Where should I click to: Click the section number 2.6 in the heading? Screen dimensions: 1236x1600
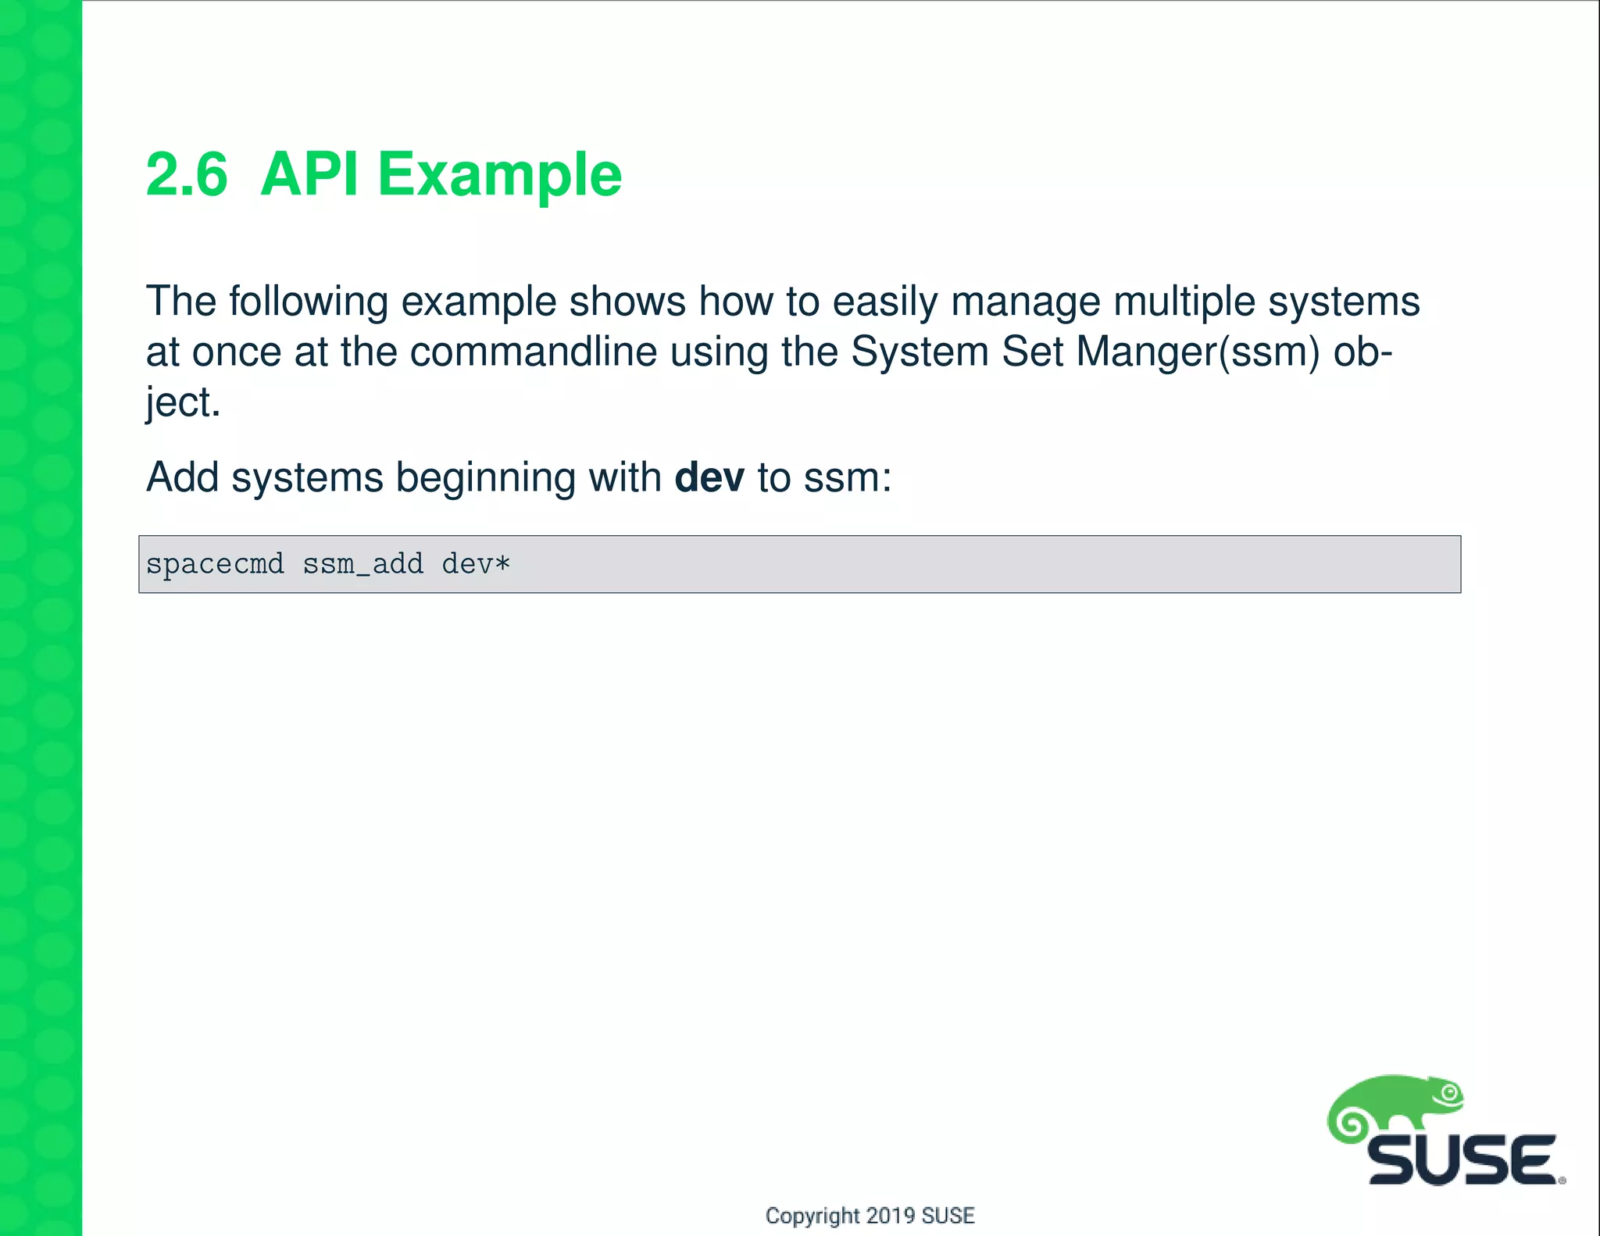point(187,175)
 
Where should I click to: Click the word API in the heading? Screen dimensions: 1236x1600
point(309,175)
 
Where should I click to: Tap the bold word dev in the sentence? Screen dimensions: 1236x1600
point(709,477)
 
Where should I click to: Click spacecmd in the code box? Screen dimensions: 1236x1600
point(215,564)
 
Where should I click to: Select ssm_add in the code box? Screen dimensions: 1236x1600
point(363,564)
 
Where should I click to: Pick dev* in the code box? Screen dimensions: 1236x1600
point(476,564)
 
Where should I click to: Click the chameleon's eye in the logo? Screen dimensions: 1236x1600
point(1451,1093)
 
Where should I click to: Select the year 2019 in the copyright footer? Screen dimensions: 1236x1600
point(891,1216)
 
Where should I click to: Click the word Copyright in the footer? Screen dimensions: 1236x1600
point(812,1216)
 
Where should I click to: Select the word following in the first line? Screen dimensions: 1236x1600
point(309,302)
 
